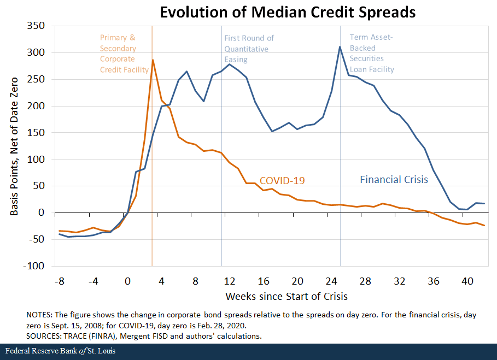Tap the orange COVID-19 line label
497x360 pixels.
(x=282, y=181)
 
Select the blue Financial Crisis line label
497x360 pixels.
(x=393, y=179)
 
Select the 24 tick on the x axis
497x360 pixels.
(x=331, y=282)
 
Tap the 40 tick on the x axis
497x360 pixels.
(x=467, y=282)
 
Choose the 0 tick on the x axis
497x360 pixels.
(x=127, y=282)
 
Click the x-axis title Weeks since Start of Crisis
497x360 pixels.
(x=286, y=296)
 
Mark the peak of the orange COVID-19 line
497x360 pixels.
(x=153, y=60)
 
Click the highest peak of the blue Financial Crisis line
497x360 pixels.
(x=340, y=46)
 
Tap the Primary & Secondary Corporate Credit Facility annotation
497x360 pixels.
(x=124, y=54)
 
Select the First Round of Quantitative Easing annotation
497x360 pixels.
(x=249, y=49)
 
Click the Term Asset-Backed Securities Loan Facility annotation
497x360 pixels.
(x=372, y=54)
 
